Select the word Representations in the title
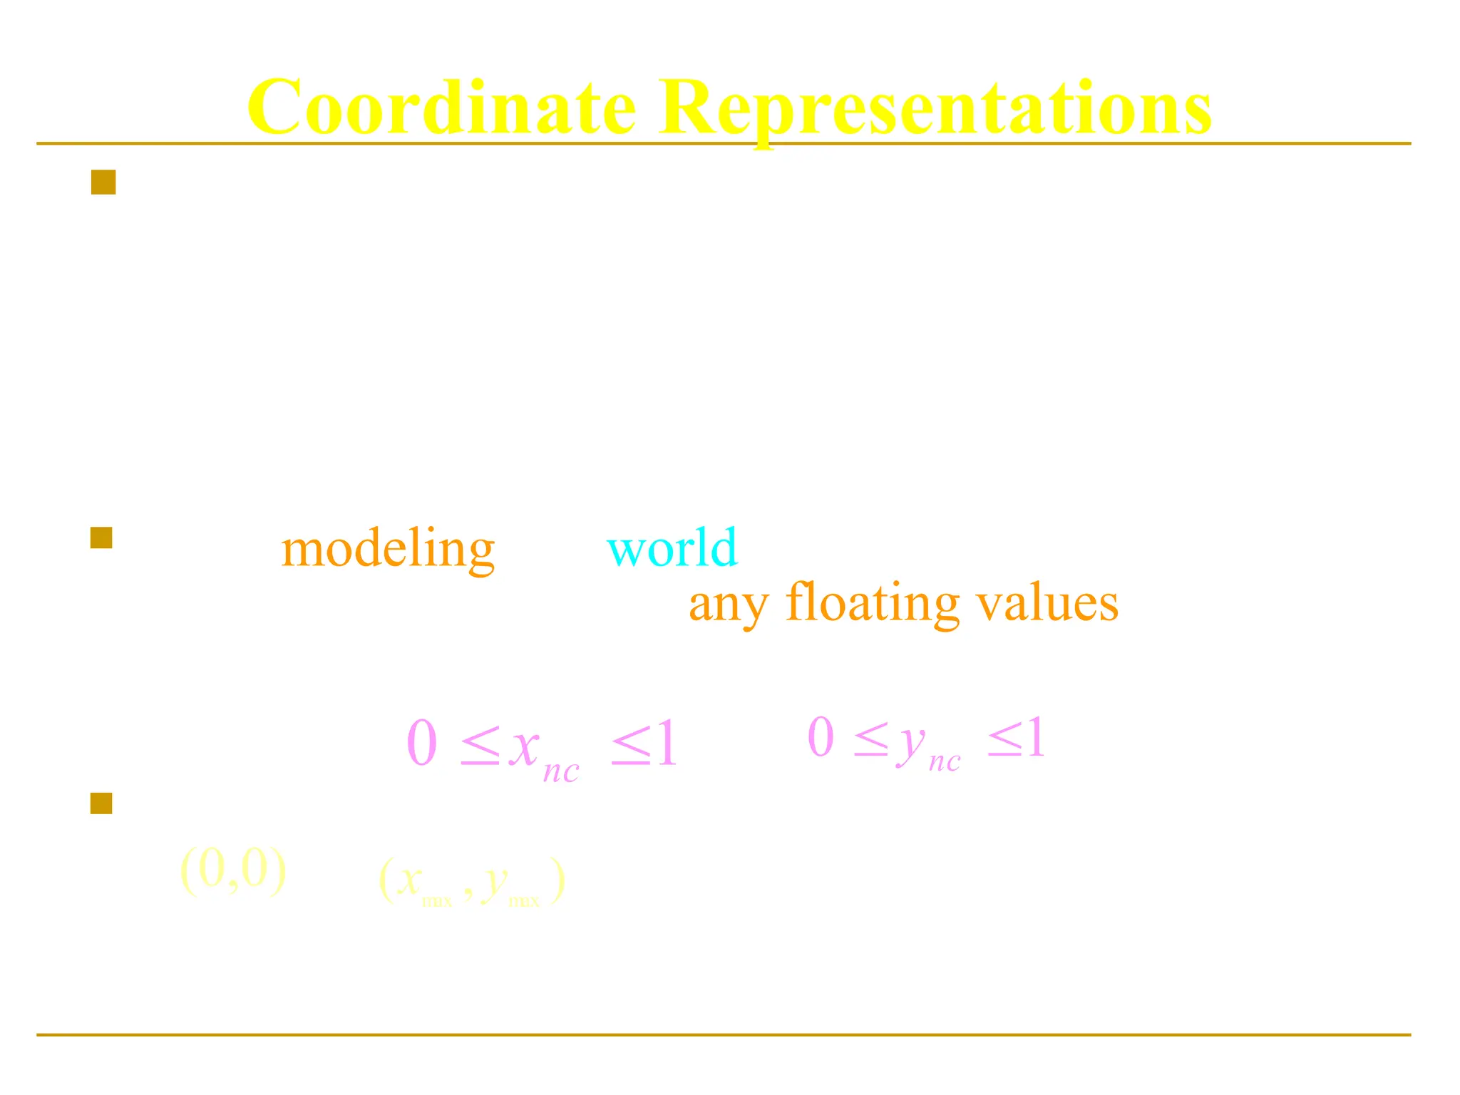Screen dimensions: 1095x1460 click(935, 108)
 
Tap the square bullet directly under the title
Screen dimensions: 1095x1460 click(103, 182)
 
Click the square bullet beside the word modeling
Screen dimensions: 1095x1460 click(102, 538)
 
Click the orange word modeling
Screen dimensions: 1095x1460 click(388, 550)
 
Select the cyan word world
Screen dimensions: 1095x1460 click(672, 547)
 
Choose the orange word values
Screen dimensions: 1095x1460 click(1047, 602)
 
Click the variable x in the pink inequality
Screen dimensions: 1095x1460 click(524, 745)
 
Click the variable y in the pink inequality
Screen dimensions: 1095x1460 click(910, 741)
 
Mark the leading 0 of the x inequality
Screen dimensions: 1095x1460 click(421, 743)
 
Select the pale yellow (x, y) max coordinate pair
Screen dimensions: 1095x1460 click(472, 881)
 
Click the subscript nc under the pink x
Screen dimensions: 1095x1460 click(561, 772)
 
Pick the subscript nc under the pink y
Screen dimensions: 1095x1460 click(945, 762)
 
